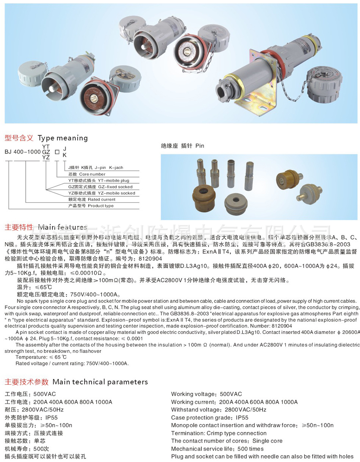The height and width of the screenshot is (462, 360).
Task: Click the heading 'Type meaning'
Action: [63, 138]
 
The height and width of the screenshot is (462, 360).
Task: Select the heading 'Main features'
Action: [63, 227]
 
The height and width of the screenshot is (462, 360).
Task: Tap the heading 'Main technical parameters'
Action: [100, 382]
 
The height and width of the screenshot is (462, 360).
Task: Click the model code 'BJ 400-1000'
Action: [22, 152]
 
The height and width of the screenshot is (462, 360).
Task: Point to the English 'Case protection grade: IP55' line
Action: [210, 418]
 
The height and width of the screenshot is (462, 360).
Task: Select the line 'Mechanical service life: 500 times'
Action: [217, 449]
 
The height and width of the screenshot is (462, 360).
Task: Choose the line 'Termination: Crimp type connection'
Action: [219, 433]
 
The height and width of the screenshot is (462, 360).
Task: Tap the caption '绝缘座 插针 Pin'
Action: [182, 146]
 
